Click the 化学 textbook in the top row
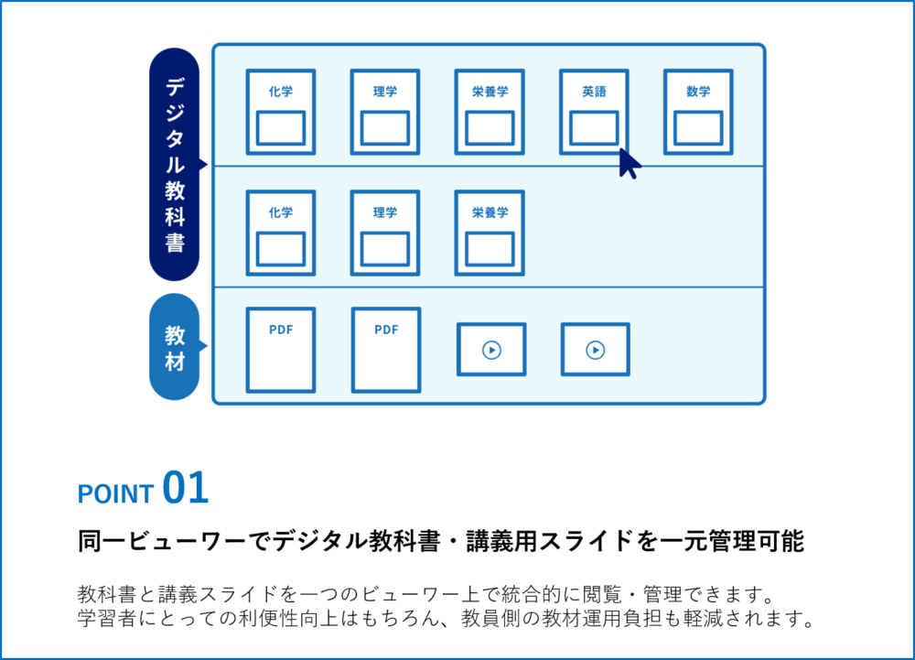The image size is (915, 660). pyautogui.click(x=280, y=112)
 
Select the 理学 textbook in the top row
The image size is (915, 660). pyautogui.click(x=384, y=112)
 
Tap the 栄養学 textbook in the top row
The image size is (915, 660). pyautogui.click(x=490, y=112)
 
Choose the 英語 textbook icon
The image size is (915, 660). pyautogui.click(x=593, y=112)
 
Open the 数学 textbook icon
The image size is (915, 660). pyautogui.click(x=698, y=112)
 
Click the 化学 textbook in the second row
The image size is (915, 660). pyautogui.click(x=280, y=233)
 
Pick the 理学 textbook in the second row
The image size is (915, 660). pyautogui.click(x=384, y=233)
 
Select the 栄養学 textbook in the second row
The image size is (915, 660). pyautogui.click(x=490, y=233)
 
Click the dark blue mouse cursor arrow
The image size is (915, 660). pyautogui.click(x=629, y=163)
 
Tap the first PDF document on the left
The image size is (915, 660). pyautogui.click(x=280, y=350)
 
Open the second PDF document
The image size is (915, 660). pyautogui.click(x=386, y=350)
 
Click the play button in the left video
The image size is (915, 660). pyautogui.click(x=491, y=350)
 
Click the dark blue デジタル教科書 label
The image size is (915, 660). pyautogui.click(x=174, y=165)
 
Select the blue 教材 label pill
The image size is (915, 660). pyautogui.click(x=174, y=347)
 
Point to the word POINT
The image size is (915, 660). pyautogui.click(x=115, y=494)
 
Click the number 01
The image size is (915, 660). pyautogui.click(x=186, y=489)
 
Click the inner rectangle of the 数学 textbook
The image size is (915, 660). pyautogui.click(x=698, y=128)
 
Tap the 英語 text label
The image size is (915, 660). pyautogui.click(x=593, y=92)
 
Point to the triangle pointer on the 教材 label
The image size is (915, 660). pyautogui.click(x=203, y=346)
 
